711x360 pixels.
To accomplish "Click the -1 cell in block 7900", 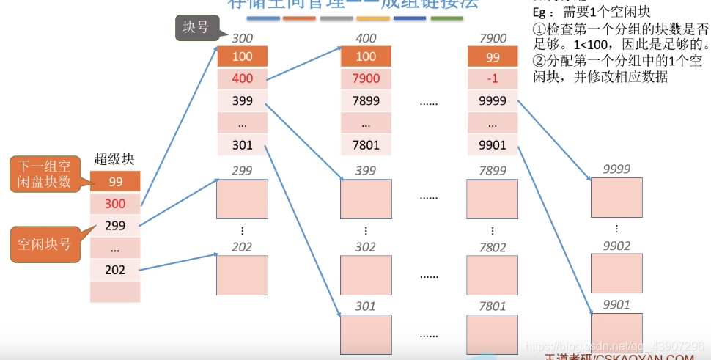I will [x=493, y=78].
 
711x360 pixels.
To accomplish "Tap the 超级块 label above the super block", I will [x=114, y=159].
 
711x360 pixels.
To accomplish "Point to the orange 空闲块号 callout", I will [x=45, y=243].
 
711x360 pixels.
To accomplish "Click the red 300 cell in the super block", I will [x=115, y=203].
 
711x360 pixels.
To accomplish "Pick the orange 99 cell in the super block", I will [x=115, y=181].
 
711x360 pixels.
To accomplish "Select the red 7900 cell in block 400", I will [x=366, y=78].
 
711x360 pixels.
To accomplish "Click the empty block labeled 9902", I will [x=616, y=273].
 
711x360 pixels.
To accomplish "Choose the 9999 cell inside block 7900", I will [x=493, y=101].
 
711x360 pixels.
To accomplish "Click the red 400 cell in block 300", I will [x=243, y=78].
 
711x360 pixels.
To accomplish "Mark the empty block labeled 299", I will [x=243, y=199].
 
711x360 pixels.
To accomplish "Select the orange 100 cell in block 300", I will [x=243, y=56].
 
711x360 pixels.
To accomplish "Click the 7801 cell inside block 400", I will [x=366, y=145].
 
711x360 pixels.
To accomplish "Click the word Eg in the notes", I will [x=539, y=13].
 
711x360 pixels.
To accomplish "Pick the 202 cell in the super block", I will [x=115, y=270].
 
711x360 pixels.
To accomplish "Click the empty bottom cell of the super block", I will [x=115, y=292].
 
